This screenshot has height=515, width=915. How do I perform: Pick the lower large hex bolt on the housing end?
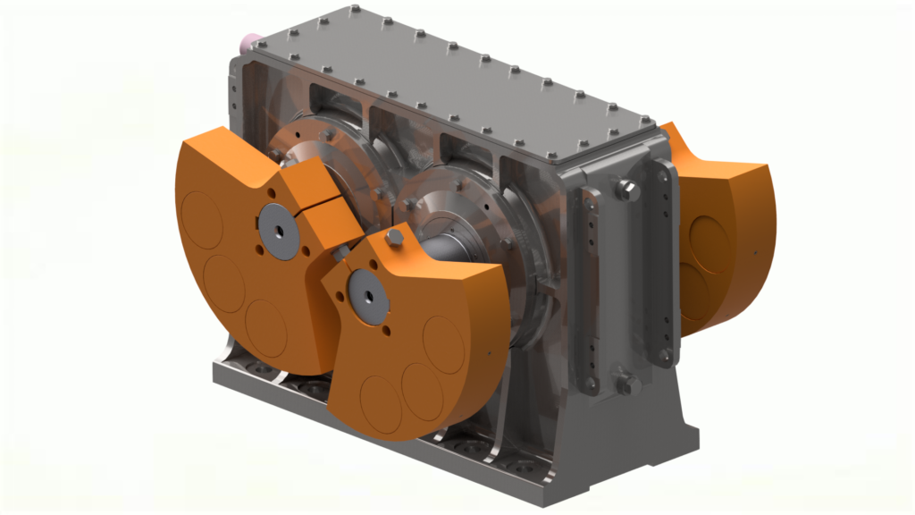coord(626,384)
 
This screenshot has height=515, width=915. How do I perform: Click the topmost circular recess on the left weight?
coord(199,215)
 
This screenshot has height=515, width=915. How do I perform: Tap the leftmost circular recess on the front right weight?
coord(381,402)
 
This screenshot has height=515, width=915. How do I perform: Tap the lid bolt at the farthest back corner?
coord(357,10)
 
